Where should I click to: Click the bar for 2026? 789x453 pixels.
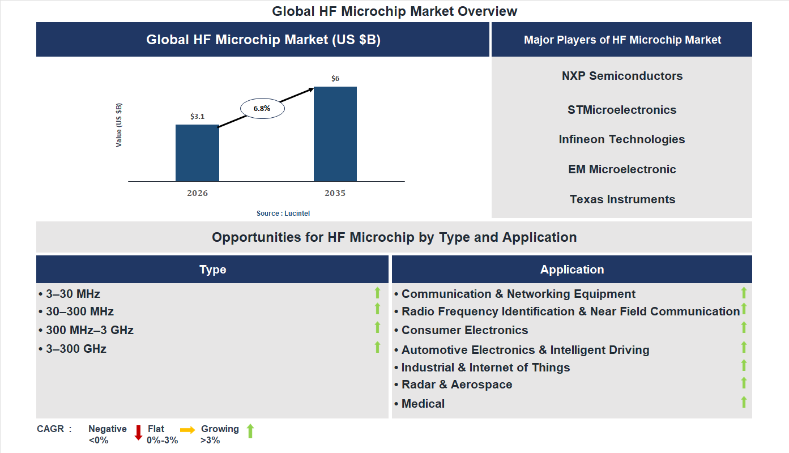(x=197, y=153)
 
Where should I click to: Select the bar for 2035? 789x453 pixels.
(x=335, y=134)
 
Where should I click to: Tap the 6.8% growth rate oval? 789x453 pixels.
(x=262, y=108)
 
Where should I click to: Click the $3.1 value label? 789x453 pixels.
(x=197, y=117)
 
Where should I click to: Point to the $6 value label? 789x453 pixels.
(x=335, y=79)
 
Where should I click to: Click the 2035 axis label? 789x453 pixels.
(x=335, y=193)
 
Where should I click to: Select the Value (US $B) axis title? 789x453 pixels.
(x=119, y=125)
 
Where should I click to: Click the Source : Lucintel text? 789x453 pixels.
(x=283, y=213)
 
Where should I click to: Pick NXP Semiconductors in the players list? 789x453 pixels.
(x=622, y=76)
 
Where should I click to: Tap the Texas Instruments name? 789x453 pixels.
(x=622, y=199)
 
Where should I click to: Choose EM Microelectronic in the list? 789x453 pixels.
(x=622, y=169)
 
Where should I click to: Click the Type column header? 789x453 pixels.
(x=212, y=270)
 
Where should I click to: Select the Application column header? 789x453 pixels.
(x=572, y=270)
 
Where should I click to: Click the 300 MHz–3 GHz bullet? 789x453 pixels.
(x=89, y=330)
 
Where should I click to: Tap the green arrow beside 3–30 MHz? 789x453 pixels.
(x=377, y=293)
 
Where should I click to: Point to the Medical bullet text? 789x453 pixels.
(x=423, y=404)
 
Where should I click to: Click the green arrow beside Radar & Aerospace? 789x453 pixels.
(x=744, y=383)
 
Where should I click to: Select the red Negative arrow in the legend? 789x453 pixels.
(x=138, y=433)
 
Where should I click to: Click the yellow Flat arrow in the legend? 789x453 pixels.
(x=187, y=430)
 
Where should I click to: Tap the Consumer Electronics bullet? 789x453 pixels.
(x=464, y=330)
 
